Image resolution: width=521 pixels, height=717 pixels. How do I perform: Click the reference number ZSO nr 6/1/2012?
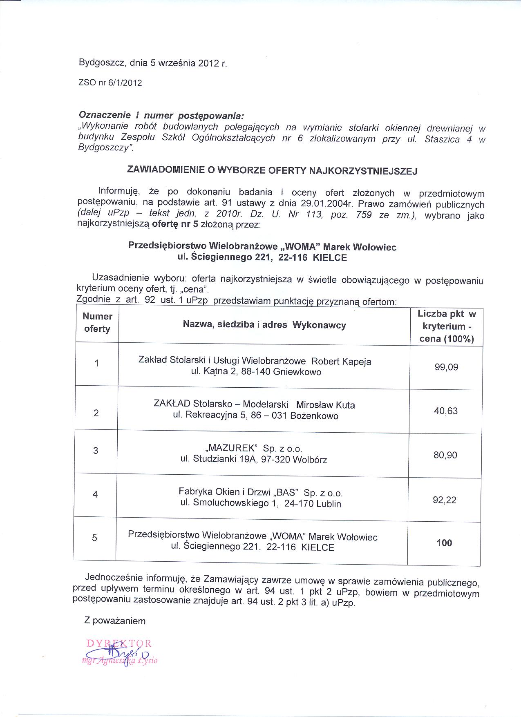coord(110,83)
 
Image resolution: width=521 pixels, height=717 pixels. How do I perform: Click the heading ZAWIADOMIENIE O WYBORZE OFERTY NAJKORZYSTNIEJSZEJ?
coord(272,170)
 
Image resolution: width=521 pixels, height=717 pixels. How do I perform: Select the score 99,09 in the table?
coord(446,367)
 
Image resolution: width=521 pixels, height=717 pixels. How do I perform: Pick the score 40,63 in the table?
coord(446,411)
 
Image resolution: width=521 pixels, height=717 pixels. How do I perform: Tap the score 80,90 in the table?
coord(445,455)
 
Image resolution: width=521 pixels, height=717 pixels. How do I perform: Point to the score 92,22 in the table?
coord(445,500)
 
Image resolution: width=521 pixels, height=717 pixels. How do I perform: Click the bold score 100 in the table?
coord(444,543)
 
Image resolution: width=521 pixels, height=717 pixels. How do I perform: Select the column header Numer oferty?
coord(97,322)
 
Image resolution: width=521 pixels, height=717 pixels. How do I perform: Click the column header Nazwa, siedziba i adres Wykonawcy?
coord(264,325)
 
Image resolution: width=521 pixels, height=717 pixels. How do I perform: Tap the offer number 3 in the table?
coord(96,451)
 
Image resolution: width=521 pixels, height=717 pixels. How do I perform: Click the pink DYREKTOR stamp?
coord(119,643)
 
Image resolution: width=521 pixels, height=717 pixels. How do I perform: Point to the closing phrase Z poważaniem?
coord(115,621)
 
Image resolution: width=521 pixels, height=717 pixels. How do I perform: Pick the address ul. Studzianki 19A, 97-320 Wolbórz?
coord(254,459)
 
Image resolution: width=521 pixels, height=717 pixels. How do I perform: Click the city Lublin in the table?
coord(329,504)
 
